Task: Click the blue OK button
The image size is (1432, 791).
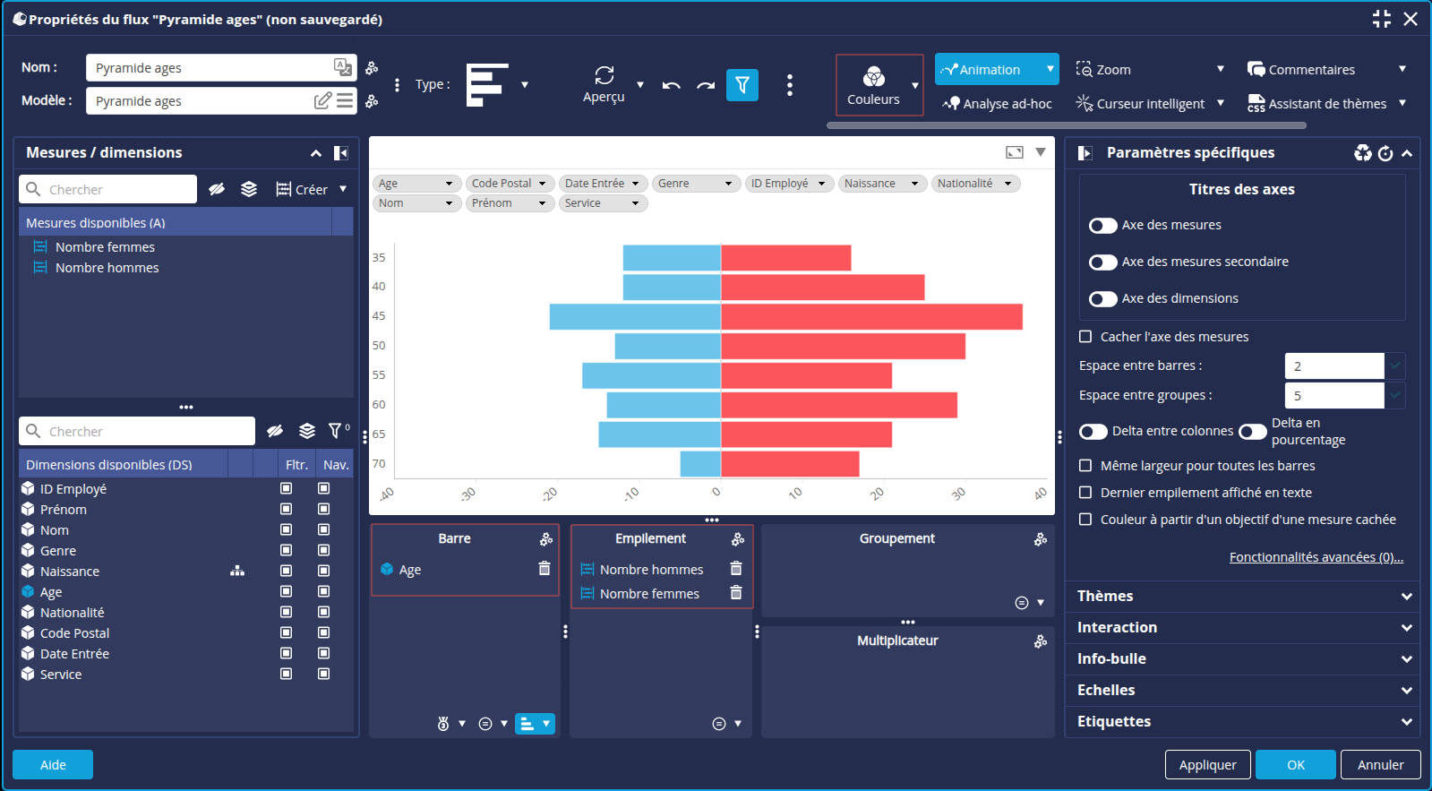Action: tap(1295, 765)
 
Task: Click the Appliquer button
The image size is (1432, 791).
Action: tap(1207, 765)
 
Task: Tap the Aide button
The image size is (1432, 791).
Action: tap(53, 765)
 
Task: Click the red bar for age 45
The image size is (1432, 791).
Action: tap(870, 316)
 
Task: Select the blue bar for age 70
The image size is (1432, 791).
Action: tap(700, 464)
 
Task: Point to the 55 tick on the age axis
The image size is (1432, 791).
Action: tap(379, 375)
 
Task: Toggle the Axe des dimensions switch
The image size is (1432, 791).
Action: tap(1103, 299)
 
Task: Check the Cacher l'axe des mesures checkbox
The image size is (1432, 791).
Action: tap(1085, 337)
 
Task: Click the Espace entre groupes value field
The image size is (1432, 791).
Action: tap(1333, 395)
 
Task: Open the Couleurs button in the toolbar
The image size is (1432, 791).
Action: tap(873, 85)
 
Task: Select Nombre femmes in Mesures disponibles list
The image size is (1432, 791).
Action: tap(105, 247)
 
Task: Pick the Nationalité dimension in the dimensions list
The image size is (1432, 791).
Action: tap(72, 613)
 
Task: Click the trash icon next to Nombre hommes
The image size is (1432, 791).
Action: tap(736, 569)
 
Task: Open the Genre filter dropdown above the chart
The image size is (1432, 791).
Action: tap(696, 184)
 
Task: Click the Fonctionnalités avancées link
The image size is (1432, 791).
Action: tap(1316, 557)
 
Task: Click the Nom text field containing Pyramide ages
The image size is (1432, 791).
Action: tap(211, 68)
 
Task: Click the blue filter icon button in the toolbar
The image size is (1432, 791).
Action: tap(742, 85)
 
